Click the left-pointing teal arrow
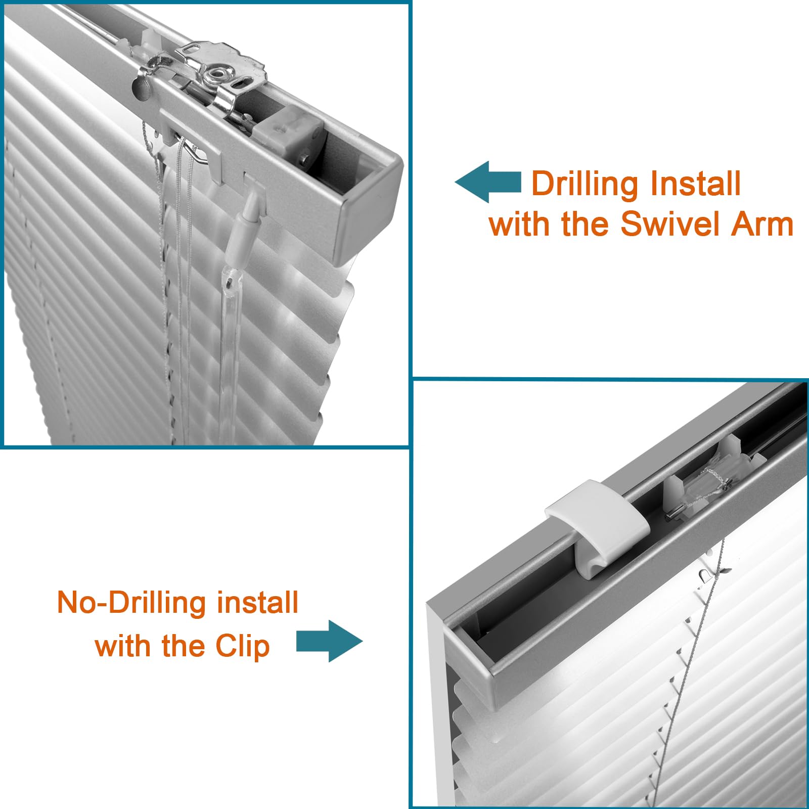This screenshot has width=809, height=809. tap(487, 182)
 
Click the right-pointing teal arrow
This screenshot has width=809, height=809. tap(329, 641)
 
